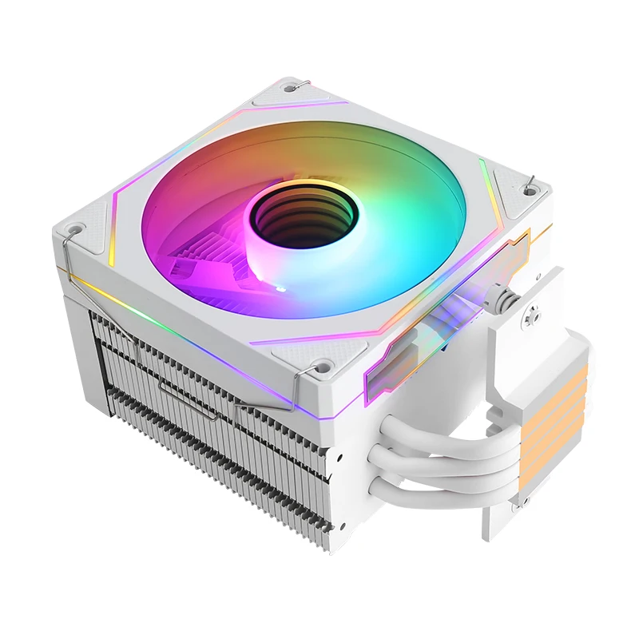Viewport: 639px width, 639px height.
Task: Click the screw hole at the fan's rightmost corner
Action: [x=529, y=190]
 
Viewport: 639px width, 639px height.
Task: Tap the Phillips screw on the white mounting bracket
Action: [x=526, y=319]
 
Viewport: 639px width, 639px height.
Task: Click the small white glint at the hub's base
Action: [x=280, y=286]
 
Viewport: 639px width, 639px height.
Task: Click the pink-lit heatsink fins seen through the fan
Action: [x=200, y=256]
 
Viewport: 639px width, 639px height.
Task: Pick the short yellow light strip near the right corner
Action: [x=490, y=188]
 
